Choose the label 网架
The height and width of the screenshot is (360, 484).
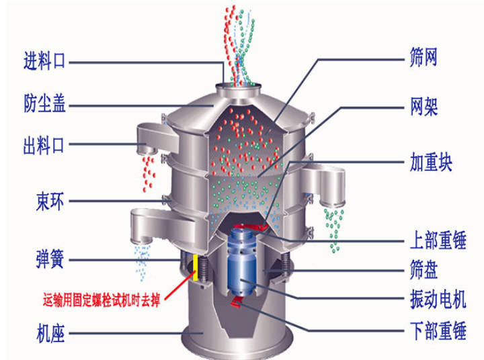click(x=424, y=107)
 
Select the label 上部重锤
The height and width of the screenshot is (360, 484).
click(x=438, y=238)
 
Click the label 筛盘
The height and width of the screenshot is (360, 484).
click(x=424, y=270)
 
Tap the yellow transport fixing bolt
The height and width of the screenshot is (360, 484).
click(x=196, y=267)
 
